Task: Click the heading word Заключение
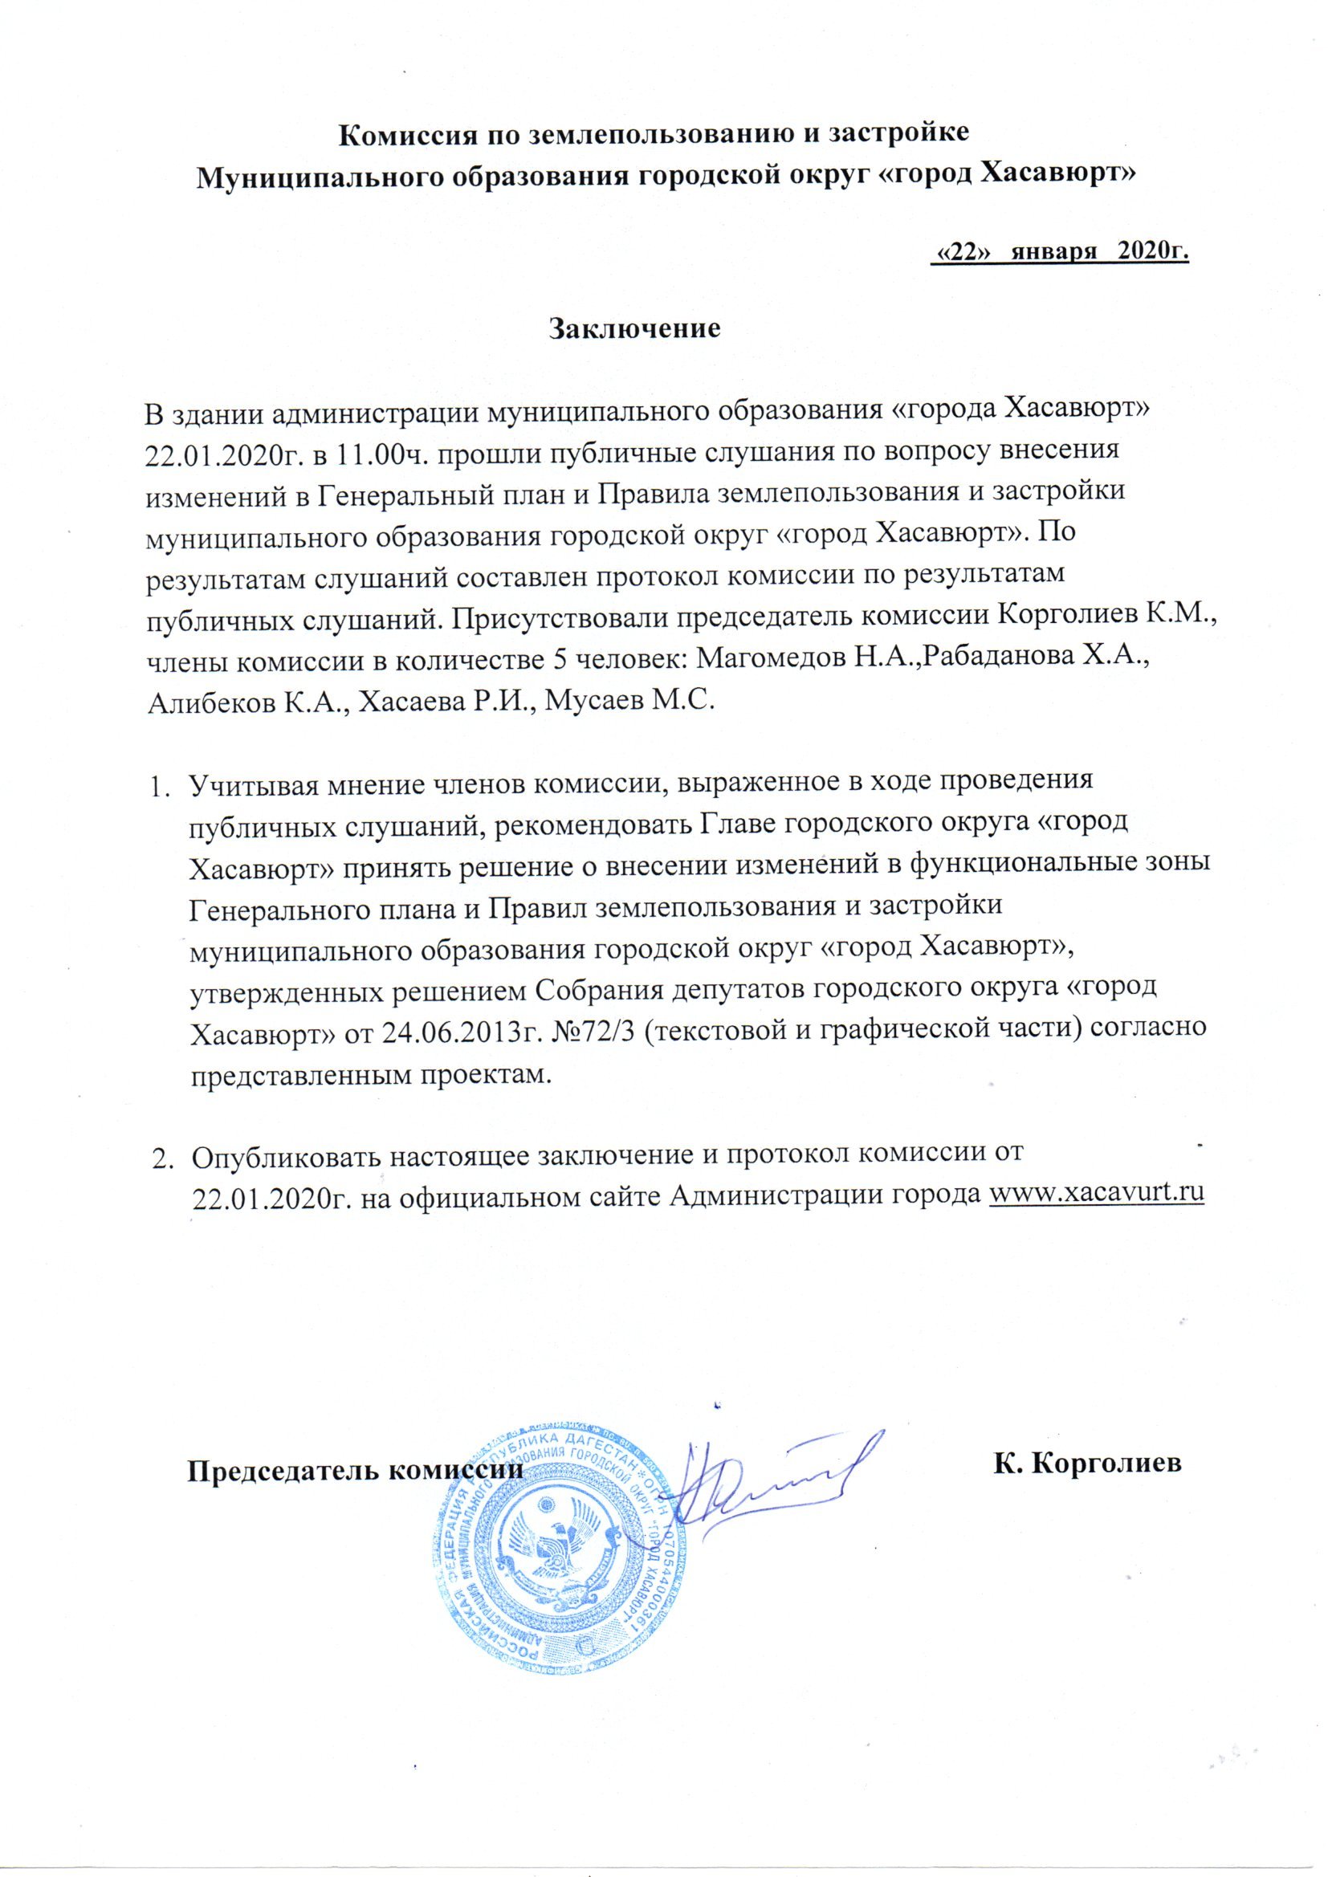click(x=633, y=328)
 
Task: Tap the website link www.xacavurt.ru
click(x=1098, y=1192)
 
